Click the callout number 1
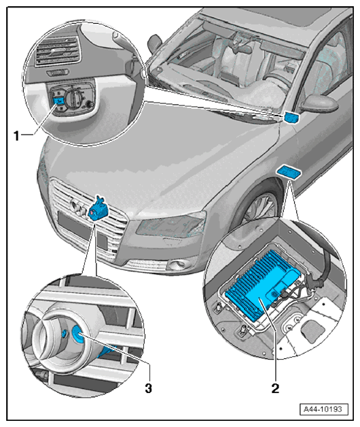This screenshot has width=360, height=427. point(17,135)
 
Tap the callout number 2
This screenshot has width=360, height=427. point(275,388)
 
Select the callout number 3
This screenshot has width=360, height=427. point(148,388)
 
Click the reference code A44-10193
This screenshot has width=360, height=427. point(323,409)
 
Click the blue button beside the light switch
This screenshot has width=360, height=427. point(59,101)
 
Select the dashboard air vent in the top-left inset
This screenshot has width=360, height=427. point(58,52)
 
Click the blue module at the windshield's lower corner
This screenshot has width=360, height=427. point(291,117)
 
